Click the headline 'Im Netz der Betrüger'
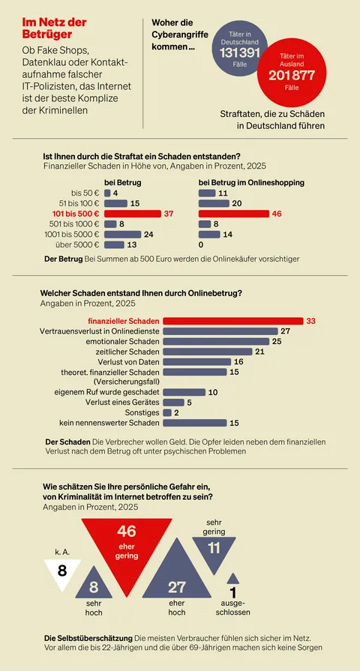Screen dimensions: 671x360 click(54, 28)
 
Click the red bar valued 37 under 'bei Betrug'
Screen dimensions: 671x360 click(132, 214)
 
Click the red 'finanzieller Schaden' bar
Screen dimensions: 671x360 click(232, 321)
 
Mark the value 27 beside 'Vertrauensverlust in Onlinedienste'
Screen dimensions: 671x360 click(284, 331)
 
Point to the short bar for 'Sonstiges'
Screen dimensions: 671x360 click(166, 412)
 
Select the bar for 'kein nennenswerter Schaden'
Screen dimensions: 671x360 click(194, 423)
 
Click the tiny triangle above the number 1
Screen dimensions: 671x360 click(232, 579)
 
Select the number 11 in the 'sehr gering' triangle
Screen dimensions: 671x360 click(213, 548)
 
